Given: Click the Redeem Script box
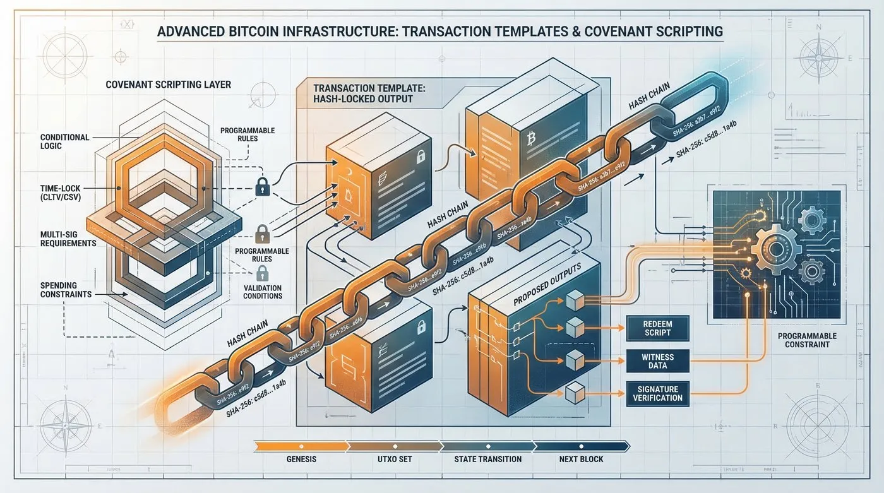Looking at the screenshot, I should [x=657, y=328].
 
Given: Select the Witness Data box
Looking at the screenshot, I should [x=657, y=361].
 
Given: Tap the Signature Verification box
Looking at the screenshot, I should [x=657, y=393].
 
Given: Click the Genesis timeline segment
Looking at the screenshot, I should [x=301, y=458].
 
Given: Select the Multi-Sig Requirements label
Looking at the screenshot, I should [x=68, y=239].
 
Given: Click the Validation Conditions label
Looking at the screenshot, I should [x=263, y=292].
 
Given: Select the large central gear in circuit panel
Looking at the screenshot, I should [x=777, y=243].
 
